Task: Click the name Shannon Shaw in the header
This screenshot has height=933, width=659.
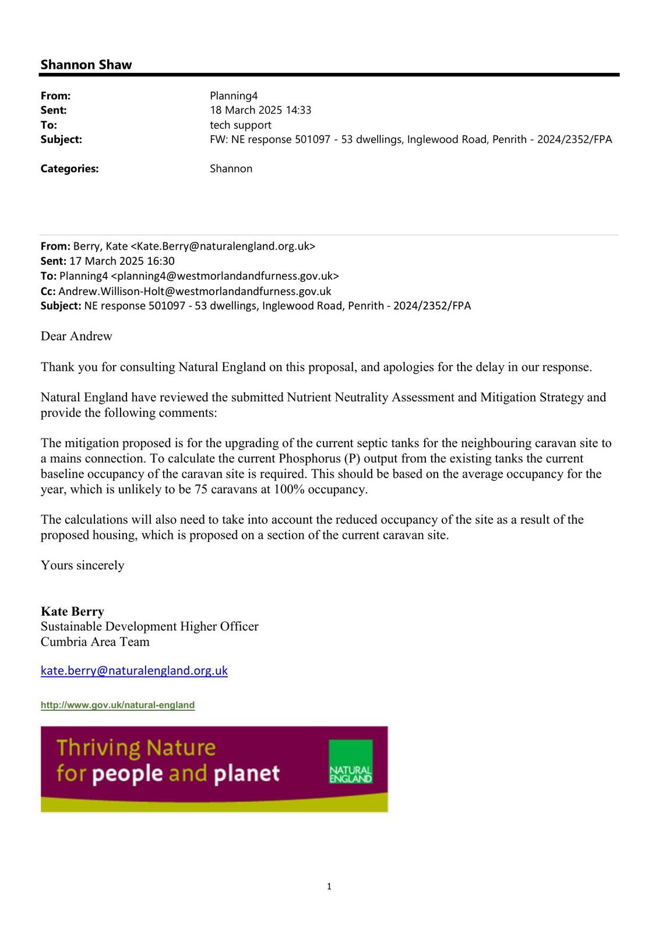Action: click(86, 65)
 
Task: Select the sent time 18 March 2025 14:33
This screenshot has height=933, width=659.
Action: click(260, 110)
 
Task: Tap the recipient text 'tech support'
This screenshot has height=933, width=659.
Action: click(240, 125)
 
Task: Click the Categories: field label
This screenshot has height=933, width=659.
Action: click(69, 169)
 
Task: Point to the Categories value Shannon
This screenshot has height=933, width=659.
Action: click(231, 169)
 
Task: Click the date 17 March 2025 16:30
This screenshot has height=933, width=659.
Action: click(122, 261)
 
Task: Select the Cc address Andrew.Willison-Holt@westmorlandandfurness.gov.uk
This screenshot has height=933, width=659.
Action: click(195, 291)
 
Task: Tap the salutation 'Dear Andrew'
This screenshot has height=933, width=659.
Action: click(76, 336)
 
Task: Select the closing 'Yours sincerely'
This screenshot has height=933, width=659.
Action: click(82, 565)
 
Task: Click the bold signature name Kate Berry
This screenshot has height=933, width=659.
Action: click(72, 611)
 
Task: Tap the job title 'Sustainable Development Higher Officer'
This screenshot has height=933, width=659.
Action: click(149, 626)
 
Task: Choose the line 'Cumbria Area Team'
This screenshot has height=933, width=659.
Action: click(95, 641)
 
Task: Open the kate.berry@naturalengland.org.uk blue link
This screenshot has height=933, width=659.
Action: click(134, 671)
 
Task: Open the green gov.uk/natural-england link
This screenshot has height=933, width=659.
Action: click(118, 705)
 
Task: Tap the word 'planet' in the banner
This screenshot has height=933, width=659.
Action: click(247, 774)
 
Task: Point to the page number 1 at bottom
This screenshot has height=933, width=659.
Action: click(329, 887)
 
